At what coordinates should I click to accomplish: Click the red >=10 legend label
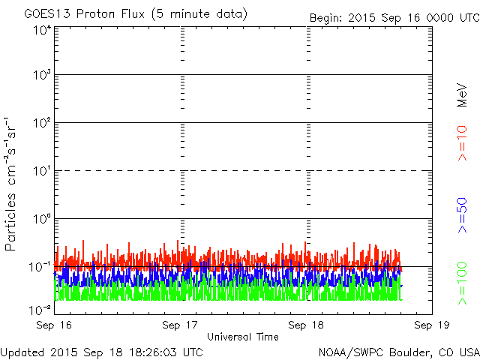pyautogui.click(x=462, y=143)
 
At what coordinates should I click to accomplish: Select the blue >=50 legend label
pyautogui.click(x=462, y=215)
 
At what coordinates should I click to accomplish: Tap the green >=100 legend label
pyautogui.click(x=462, y=283)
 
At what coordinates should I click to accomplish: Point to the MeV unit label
pyautogui.click(x=462, y=95)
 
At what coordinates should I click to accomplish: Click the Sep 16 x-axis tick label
pyautogui.click(x=54, y=325)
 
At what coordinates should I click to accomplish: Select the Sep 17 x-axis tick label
pyautogui.click(x=180, y=325)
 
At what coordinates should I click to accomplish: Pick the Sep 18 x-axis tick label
pyautogui.click(x=306, y=325)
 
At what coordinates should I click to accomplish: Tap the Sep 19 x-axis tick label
pyautogui.click(x=432, y=325)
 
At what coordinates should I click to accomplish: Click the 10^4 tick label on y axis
pyautogui.click(x=42, y=31)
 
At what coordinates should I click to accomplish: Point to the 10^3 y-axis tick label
pyautogui.click(x=42, y=75)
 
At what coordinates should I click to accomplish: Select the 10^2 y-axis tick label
pyautogui.click(x=42, y=123)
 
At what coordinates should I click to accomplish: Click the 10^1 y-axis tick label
pyautogui.click(x=42, y=171)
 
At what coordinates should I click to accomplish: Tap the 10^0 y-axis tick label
pyautogui.click(x=42, y=218)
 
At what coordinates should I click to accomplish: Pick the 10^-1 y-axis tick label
pyautogui.click(x=40, y=267)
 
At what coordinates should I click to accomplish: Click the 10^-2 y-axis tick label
pyautogui.click(x=40, y=310)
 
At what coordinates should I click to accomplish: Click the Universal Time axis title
pyautogui.click(x=243, y=337)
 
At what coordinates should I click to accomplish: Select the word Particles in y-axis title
pyautogui.click(x=10, y=222)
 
